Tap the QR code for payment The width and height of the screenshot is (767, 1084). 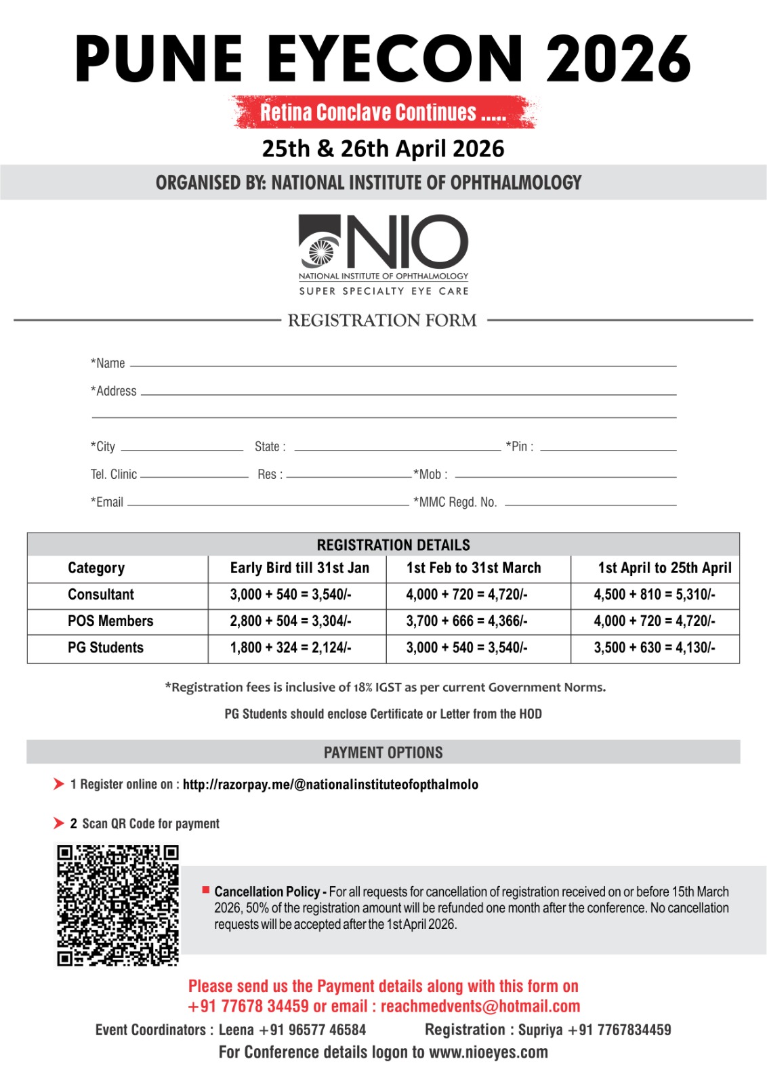(117, 904)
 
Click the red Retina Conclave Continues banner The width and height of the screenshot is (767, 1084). (383, 112)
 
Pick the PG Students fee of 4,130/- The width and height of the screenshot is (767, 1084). (655, 648)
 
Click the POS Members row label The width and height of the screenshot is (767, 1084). (110, 621)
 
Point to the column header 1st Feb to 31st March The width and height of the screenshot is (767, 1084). (474, 568)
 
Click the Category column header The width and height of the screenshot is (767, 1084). (96, 568)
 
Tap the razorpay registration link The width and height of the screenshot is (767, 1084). (331, 785)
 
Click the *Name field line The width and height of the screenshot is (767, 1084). (403, 364)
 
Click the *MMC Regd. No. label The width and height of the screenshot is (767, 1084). (455, 503)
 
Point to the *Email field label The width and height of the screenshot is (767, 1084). (107, 503)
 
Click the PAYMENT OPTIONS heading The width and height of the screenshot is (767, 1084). (383, 753)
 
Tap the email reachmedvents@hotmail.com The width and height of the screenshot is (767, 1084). (480, 1007)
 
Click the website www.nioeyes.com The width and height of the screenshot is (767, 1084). (489, 1053)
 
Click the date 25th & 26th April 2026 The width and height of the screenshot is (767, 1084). (383, 149)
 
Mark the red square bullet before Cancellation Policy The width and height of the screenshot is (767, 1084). (206, 890)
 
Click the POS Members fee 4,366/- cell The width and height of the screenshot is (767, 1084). (467, 621)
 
